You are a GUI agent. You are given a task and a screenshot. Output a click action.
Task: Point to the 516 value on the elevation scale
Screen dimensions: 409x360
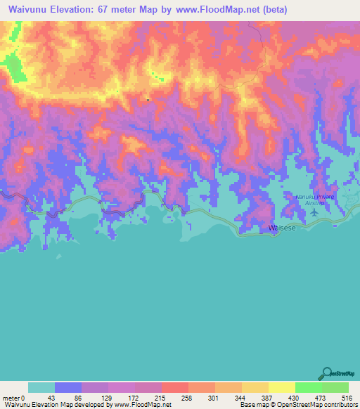347,398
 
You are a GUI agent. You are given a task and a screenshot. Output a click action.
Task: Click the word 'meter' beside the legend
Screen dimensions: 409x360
11,398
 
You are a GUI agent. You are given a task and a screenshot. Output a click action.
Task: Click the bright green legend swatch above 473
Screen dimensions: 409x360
309,387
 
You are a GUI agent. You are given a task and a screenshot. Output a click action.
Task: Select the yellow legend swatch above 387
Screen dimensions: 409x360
255,387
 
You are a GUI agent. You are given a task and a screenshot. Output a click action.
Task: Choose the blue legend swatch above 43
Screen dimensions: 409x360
68,387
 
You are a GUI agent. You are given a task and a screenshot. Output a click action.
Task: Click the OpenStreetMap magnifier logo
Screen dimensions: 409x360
325,372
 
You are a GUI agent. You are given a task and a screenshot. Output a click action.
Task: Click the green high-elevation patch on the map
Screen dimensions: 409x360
13,67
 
